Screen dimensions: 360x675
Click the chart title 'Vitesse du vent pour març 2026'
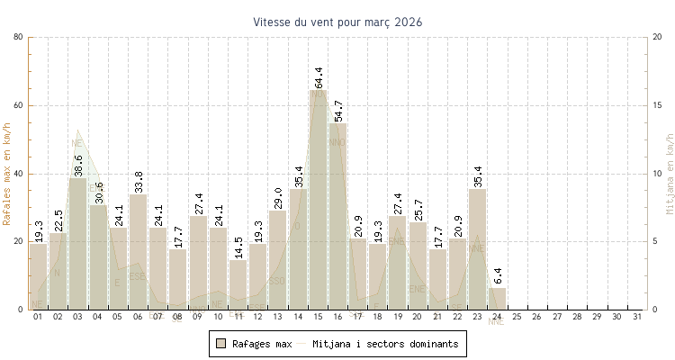point(337,22)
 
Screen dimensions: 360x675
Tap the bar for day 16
point(337,216)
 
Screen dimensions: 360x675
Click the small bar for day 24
point(497,299)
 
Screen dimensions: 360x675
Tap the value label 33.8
point(139,182)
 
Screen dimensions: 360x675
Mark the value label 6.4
point(498,275)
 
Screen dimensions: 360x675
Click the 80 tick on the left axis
point(19,37)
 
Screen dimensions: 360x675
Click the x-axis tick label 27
point(556,317)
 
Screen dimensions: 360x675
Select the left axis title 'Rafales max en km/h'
point(7,174)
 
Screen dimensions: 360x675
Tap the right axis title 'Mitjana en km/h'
point(669,174)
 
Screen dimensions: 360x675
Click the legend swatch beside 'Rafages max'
point(220,344)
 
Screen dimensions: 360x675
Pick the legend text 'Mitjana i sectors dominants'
point(385,344)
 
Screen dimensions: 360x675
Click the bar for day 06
point(138,252)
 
